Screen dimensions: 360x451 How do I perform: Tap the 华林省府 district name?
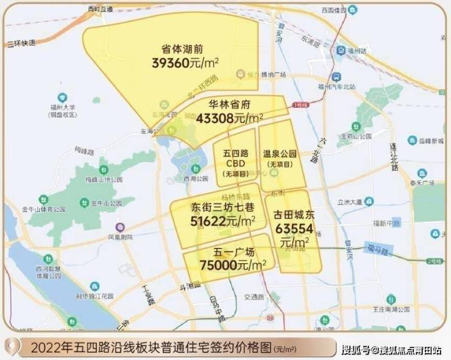tap(229, 104)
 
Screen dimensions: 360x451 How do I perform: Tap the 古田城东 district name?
tap(294, 216)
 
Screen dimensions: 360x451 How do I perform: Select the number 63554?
tap(294, 229)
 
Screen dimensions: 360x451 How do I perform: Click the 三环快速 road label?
tap(22, 43)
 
